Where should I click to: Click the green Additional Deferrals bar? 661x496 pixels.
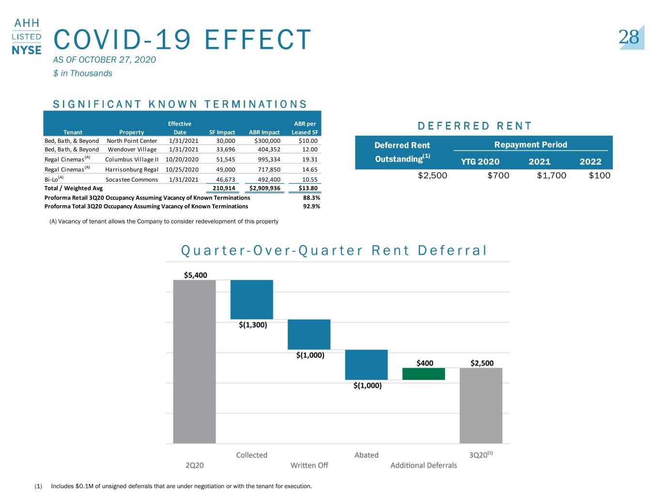point(423,374)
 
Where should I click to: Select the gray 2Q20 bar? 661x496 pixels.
point(194,361)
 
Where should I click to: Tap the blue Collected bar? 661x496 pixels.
point(251,299)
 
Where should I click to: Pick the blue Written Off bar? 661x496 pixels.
point(309,334)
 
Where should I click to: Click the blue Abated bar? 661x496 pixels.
point(366,365)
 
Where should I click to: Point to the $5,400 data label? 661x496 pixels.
point(196,275)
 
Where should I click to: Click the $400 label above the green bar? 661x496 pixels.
point(425,363)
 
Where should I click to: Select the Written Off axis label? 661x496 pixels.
point(309,465)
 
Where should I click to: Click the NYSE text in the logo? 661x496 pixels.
point(27,50)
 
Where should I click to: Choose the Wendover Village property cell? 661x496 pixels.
point(132,149)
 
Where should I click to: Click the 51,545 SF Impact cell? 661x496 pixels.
point(226,159)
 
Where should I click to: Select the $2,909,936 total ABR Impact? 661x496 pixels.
point(265,188)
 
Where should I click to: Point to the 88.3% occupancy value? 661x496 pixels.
point(311,198)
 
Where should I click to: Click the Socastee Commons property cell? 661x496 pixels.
point(132,180)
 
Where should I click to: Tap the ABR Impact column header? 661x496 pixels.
point(264,132)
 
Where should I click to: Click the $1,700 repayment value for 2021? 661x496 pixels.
point(552,175)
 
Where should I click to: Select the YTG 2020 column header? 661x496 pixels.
point(480,162)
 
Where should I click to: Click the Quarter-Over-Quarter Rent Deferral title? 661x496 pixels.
point(334,250)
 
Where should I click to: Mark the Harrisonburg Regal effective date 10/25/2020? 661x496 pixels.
point(182,170)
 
